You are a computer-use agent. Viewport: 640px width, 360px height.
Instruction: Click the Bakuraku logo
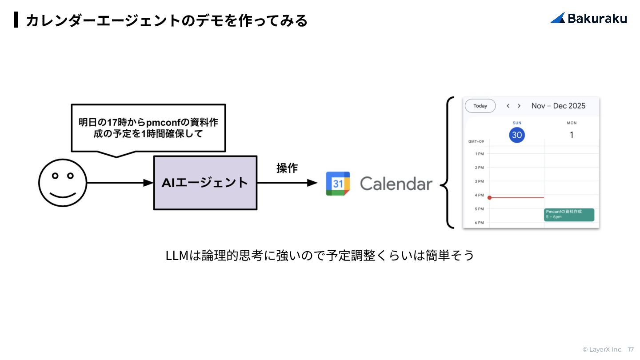tap(588, 18)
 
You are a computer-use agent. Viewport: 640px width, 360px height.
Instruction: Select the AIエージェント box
tap(205, 183)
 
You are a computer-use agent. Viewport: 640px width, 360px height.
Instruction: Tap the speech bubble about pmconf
tap(148, 128)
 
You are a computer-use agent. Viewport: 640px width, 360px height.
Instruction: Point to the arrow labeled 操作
tap(287, 183)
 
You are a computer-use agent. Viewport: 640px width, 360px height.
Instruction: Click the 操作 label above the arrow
tap(287, 168)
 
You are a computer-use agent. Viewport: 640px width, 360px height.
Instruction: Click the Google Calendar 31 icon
tap(338, 184)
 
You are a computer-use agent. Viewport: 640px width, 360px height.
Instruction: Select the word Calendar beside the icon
tap(396, 184)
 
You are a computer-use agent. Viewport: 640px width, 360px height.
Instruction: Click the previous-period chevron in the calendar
tap(508, 106)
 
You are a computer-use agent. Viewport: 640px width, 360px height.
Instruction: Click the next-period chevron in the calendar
tap(519, 106)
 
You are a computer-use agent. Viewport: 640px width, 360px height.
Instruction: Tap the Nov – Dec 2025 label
tap(558, 106)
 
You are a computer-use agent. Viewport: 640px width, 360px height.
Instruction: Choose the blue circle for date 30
tap(517, 135)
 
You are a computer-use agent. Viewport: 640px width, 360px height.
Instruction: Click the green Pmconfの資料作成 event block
tap(569, 214)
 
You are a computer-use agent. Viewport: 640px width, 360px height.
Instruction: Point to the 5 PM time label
tap(479, 209)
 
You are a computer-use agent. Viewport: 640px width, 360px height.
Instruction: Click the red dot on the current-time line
tap(489, 197)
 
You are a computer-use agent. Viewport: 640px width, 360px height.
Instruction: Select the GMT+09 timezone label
tap(476, 142)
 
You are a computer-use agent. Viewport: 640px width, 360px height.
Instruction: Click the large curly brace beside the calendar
tap(448, 163)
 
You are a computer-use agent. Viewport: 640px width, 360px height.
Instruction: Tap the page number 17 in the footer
tap(631, 349)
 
